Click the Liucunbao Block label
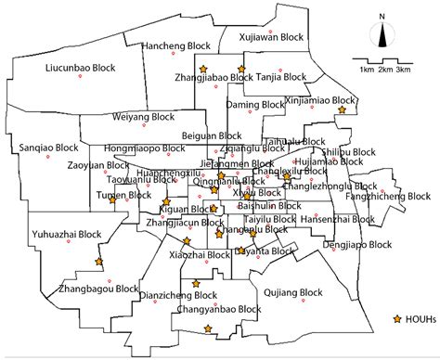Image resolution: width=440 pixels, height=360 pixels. (x=79, y=69)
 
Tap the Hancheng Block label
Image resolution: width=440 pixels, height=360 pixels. (x=175, y=45)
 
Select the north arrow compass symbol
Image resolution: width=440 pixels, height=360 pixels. (x=382, y=33)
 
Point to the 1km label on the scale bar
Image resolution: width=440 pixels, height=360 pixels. (x=368, y=70)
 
